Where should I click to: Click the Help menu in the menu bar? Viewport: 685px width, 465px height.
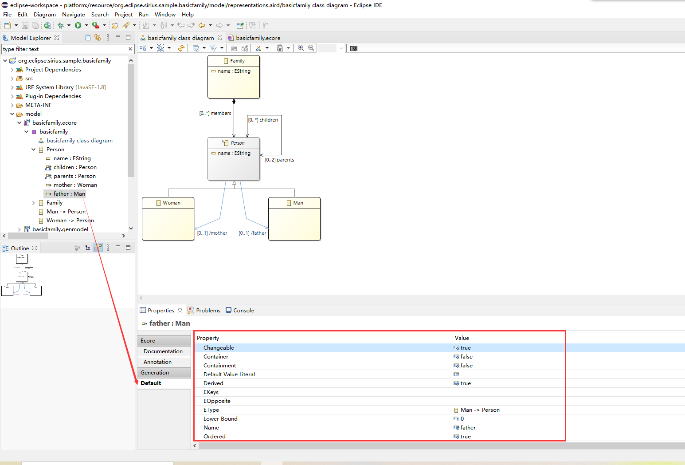(x=188, y=14)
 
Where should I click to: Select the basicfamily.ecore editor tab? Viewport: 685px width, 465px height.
(x=258, y=38)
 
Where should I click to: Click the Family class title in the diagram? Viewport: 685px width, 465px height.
(x=237, y=61)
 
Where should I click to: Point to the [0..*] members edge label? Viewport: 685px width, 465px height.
(x=215, y=113)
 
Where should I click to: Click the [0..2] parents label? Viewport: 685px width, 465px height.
(x=279, y=160)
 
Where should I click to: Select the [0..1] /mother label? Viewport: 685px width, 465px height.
(x=212, y=233)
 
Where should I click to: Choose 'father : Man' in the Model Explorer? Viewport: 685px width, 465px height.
(x=69, y=194)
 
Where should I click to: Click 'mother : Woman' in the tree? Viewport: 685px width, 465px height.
(x=75, y=185)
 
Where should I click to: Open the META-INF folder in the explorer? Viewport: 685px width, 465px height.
(x=38, y=105)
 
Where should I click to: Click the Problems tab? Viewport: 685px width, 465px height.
(x=208, y=311)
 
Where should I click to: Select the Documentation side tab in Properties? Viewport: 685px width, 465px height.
(x=163, y=351)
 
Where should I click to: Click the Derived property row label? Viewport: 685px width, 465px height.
(x=213, y=383)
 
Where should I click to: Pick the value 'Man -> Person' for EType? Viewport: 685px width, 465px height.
(x=480, y=410)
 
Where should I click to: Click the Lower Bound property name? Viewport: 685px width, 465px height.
(x=220, y=419)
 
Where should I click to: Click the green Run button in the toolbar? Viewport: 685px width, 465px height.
(x=78, y=25)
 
